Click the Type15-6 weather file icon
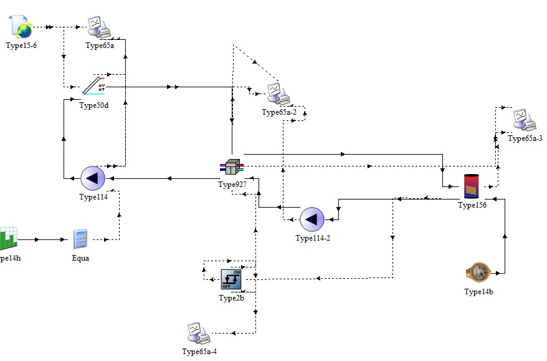click(22, 27)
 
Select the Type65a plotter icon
click(98, 27)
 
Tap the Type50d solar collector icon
click(95, 86)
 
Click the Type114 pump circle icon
click(93, 178)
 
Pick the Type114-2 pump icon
click(312, 219)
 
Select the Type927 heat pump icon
click(232, 167)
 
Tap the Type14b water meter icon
click(479, 272)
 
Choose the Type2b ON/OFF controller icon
click(232, 279)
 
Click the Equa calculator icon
click(80, 239)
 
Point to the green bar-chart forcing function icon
click(9, 238)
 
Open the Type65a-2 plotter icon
click(276, 93)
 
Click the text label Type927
click(232, 185)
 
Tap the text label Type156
click(472, 205)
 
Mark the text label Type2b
click(232, 298)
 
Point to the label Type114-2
click(312, 238)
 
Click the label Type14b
click(479, 292)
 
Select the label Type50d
click(94, 105)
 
